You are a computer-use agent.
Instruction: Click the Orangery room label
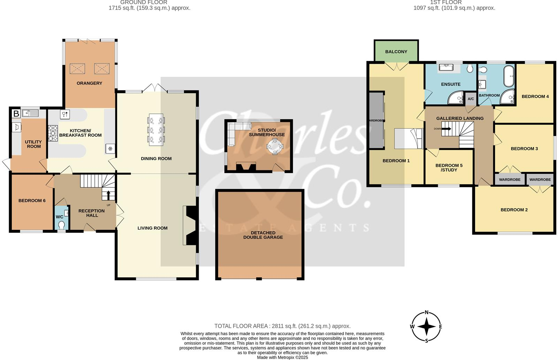[89, 83]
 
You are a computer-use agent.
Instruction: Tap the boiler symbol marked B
[16, 113]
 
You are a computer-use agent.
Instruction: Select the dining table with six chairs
[156, 130]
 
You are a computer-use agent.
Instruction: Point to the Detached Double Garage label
[263, 235]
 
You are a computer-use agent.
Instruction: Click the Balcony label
[396, 52]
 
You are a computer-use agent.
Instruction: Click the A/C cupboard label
[471, 99]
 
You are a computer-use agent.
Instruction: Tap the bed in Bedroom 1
[408, 138]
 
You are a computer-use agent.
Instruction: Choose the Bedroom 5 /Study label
[449, 167]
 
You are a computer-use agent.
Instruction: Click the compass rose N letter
[427, 313]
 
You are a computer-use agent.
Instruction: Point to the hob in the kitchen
[53, 133]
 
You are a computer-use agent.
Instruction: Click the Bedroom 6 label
[32, 201]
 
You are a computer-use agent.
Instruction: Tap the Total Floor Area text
[282, 326]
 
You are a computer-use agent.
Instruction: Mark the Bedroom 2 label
[514, 210]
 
